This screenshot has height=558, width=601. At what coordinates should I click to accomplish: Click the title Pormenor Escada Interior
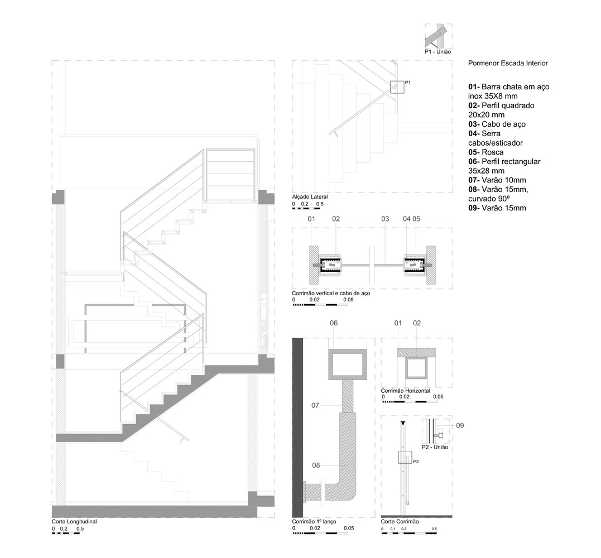point(508,63)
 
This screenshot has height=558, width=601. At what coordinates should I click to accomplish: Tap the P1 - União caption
point(437,52)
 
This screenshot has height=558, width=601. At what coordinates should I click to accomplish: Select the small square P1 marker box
point(397,88)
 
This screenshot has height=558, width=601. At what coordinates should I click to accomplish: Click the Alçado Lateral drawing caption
point(310,197)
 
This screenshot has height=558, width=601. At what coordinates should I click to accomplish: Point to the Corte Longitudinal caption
point(74,522)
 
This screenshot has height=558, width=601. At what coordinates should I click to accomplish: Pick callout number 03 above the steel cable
point(385,219)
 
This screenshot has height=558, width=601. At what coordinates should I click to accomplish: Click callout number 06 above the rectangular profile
point(334,323)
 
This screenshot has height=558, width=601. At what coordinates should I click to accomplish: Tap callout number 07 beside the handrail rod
point(315,406)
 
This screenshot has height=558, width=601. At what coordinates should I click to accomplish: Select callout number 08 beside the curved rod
point(316,465)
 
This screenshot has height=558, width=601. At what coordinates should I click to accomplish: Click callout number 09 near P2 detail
point(460,425)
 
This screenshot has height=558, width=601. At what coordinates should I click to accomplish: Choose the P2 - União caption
point(435,448)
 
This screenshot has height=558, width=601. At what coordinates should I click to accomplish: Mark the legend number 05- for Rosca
point(474,152)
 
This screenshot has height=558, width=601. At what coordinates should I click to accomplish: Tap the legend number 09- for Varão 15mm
point(474,208)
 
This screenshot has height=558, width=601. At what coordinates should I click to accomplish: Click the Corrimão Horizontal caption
point(406,391)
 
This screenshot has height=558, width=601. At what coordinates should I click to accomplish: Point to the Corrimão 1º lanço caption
point(314,522)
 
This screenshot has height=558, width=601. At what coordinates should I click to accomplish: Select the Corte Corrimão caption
point(400,522)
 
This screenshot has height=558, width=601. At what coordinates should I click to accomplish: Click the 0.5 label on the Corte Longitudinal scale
point(80,529)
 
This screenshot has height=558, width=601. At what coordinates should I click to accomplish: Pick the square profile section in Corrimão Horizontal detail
point(416,368)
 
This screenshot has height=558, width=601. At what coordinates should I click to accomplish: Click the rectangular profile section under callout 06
point(348,364)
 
